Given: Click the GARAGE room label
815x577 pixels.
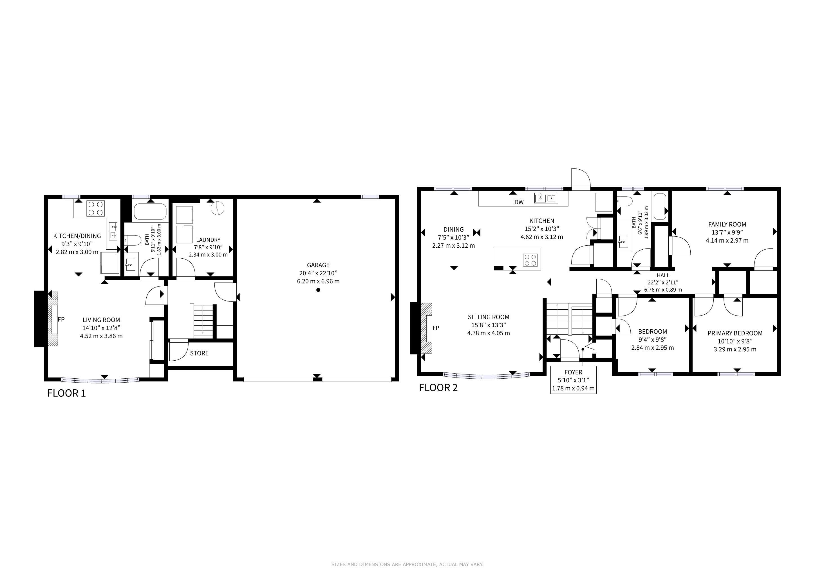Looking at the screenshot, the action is [x=318, y=265].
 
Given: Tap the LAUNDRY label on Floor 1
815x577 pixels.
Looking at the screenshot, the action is [x=208, y=240].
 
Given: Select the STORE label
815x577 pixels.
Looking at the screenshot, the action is [x=199, y=353].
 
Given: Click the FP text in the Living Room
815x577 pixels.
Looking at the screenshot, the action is [x=61, y=319].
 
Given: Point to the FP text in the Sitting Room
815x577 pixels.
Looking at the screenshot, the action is [x=436, y=328].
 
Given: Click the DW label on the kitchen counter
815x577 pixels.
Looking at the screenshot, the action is [x=519, y=202].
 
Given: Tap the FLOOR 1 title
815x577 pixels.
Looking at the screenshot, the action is [x=66, y=393].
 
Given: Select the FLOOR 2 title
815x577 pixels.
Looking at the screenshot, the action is [x=438, y=388].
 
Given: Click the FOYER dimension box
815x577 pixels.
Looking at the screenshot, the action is [x=573, y=380].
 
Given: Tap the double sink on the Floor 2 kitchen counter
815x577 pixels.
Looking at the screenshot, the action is [x=546, y=198].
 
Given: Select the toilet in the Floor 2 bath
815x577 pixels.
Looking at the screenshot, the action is [x=625, y=201].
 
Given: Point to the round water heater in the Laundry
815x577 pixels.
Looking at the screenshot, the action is [x=218, y=208].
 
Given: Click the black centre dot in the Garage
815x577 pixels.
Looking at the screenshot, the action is [x=318, y=290].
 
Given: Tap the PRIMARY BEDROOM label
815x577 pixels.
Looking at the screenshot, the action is [x=735, y=333].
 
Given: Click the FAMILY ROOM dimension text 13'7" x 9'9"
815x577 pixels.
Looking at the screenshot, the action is [x=727, y=232].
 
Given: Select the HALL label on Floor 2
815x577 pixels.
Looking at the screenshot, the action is [x=663, y=275].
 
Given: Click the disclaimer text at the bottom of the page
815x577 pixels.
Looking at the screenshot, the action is [x=407, y=564].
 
